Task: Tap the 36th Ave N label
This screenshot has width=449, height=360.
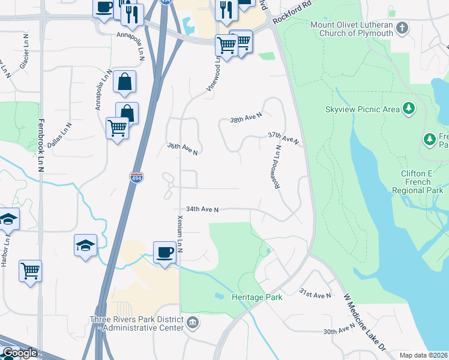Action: tap(182, 149)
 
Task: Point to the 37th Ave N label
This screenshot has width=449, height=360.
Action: tap(283, 139)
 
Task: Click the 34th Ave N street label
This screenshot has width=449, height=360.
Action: tap(202, 209)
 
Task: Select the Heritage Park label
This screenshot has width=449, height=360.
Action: tap(257, 297)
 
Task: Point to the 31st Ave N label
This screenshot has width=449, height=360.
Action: tap(315, 294)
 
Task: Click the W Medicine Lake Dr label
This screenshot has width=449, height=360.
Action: tap(364, 320)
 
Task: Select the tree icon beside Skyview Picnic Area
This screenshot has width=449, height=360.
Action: tap(409, 108)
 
